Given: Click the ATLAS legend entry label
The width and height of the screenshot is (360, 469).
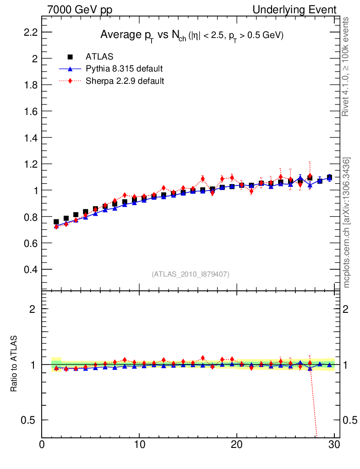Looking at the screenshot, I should pyautogui.click(x=99, y=57).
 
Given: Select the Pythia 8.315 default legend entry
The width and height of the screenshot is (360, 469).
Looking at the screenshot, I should pyautogui.click(x=124, y=69).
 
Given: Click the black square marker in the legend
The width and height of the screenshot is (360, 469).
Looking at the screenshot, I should pyautogui.click(x=71, y=57).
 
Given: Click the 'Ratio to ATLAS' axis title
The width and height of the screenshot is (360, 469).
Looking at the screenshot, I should pyautogui.click(x=14, y=364).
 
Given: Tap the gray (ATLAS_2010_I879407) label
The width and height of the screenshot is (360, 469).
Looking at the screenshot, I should pyautogui.click(x=191, y=274).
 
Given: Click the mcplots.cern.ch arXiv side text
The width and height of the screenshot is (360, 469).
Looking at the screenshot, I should pyautogui.click(x=347, y=223).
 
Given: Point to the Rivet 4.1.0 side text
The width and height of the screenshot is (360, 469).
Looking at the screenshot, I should pyautogui.click(x=347, y=67).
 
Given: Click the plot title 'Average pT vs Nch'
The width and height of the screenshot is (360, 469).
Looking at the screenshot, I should pyautogui.click(x=192, y=35).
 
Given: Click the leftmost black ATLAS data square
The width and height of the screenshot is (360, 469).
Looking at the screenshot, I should pyautogui.click(x=56, y=222).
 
